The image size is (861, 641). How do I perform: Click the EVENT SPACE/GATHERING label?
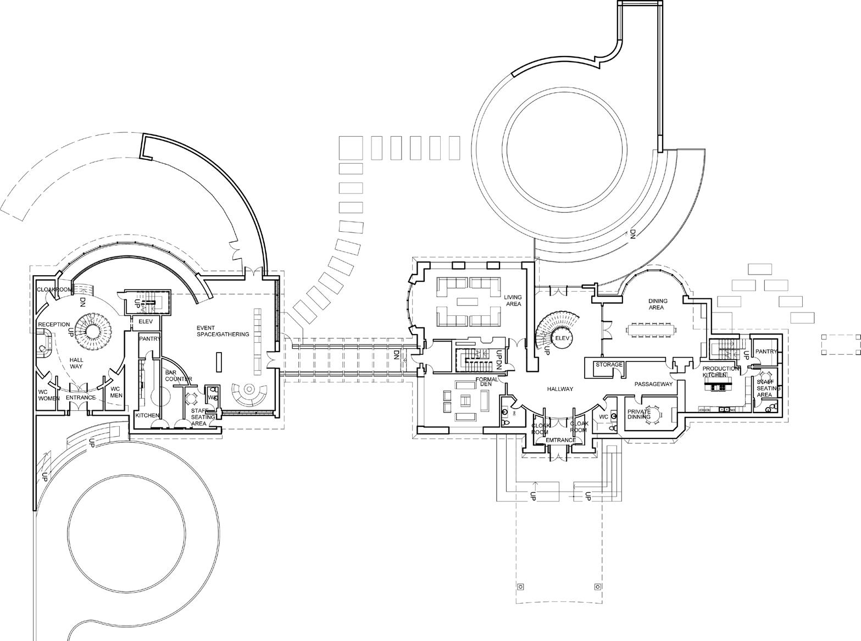(223, 331)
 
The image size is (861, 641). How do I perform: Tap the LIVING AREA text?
(513, 300)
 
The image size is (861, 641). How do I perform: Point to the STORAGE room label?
(609, 365)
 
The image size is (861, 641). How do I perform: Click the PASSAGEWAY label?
(653, 384)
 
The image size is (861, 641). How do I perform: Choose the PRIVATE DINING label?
(639, 414)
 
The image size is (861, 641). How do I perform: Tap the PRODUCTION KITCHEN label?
(720, 372)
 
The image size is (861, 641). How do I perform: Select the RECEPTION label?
(54, 325)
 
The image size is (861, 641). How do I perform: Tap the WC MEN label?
(116, 392)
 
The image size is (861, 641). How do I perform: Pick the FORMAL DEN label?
(486, 382)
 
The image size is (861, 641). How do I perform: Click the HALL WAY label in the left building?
(76, 363)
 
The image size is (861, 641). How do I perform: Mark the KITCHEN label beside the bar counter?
(147, 416)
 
